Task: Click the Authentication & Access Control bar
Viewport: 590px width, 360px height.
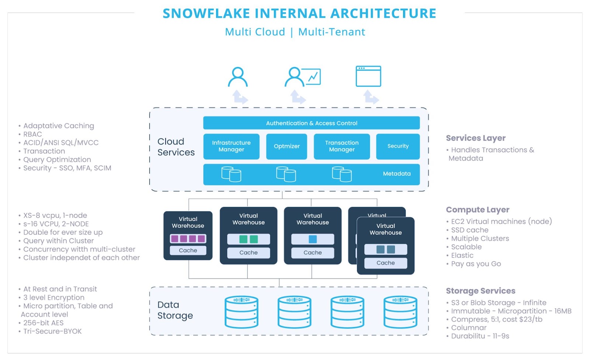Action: (311, 123)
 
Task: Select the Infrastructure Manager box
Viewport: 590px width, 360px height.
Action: (231, 146)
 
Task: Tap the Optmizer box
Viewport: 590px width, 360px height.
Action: (287, 146)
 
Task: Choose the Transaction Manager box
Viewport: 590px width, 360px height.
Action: (341, 146)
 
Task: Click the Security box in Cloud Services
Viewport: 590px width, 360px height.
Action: (398, 146)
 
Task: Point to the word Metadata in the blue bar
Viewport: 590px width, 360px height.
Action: (396, 174)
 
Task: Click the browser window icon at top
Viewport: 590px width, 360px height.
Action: (368, 76)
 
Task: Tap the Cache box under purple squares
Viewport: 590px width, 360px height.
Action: (188, 251)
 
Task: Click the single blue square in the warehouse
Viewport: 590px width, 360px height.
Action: (313, 239)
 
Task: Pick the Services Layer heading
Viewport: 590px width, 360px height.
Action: (475, 138)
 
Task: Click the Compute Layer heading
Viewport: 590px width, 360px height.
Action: (477, 210)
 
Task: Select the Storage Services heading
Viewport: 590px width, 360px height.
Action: (480, 291)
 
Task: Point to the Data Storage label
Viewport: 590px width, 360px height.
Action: (175, 310)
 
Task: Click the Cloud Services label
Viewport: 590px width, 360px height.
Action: (176, 147)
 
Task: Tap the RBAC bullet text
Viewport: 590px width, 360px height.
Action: (32, 134)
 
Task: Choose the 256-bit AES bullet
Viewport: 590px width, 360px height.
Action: (43, 323)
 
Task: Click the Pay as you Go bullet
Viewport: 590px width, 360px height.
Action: (476, 264)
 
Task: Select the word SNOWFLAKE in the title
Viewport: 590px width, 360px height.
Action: (206, 14)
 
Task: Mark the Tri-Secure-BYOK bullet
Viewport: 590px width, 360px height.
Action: (52, 331)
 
